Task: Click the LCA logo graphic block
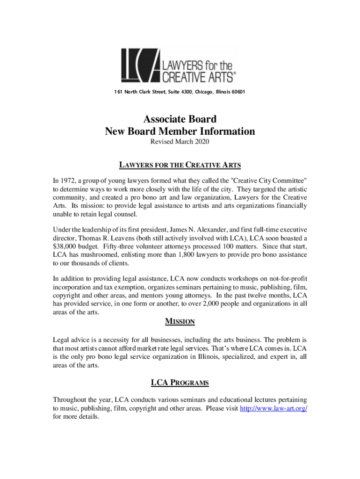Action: click(141, 65)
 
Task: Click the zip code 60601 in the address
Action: click(237, 92)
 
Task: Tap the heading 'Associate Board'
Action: click(180, 119)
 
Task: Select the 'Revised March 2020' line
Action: click(180, 141)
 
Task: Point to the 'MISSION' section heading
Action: click(180, 322)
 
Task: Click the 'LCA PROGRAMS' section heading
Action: click(180, 383)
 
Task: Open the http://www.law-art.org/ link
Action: click(274, 408)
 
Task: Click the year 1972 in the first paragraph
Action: click(68, 181)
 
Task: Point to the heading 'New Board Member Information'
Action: click(180, 131)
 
